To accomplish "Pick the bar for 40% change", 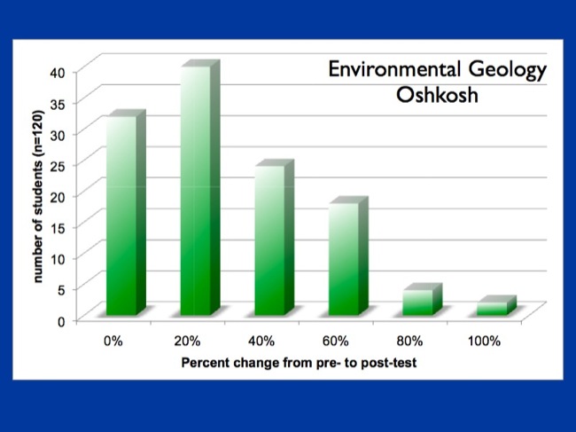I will coord(269,240).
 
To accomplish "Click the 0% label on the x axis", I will coord(113,341).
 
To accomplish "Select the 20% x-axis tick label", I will coord(188,341).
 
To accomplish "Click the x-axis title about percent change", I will coord(300,363).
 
